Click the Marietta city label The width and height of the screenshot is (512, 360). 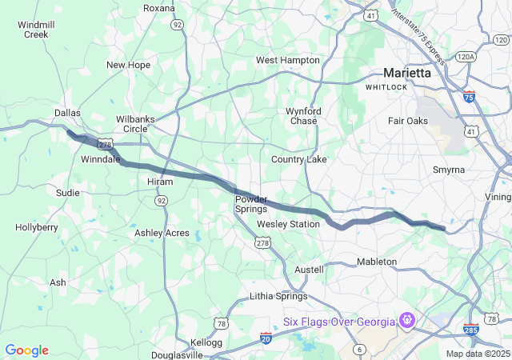tap(406, 72)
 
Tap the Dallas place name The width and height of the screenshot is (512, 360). tap(67, 114)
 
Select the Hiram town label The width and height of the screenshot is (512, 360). tap(138, 182)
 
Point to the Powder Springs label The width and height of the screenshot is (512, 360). tap(251, 204)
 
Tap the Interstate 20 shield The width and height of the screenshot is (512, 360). tap(266, 338)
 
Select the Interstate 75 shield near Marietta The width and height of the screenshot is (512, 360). tap(468, 96)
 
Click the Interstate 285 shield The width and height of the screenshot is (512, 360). tap(471, 330)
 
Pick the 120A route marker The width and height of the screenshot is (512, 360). tap(466, 57)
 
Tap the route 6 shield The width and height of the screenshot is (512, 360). tap(360, 349)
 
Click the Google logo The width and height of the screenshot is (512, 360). tap(26, 350)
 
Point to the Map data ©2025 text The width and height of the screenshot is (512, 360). tap(477, 354)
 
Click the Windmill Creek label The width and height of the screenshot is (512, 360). tap(36, 30)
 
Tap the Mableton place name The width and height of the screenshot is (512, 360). tap(376, 262)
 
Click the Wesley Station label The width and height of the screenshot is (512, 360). tap(288, 224)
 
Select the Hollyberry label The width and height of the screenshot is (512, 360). tap(37, 227)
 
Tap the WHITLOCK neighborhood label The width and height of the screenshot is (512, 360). tap(387, 86)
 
